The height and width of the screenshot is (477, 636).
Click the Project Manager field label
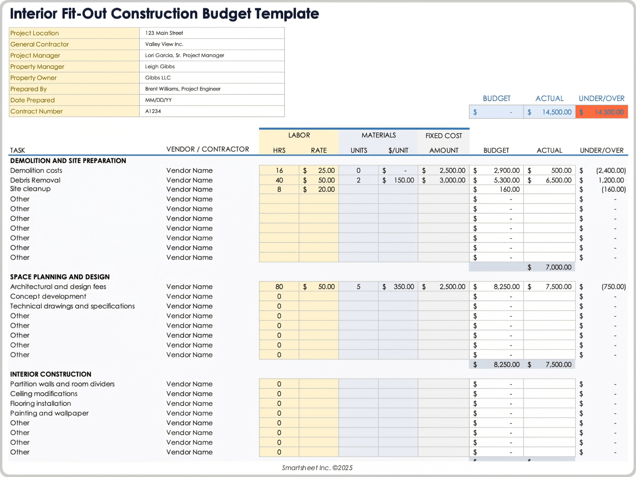(x=35, y=55)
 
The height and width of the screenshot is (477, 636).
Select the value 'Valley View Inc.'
(x=164, y=44)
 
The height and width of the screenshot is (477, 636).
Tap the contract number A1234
(x=153, y=111)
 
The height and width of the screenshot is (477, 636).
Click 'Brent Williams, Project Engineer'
(x=183, y=89)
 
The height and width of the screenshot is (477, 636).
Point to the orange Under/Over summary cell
(x=602, y=112)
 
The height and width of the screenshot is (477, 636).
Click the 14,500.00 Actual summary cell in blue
(x=550, y=112)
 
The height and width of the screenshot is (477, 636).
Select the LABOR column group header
(x=299, y=135)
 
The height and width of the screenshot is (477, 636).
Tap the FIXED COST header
(x=444, y=136)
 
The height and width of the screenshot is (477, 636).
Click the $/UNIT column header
(x=398, y=150)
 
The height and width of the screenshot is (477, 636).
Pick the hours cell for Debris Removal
(x=279, y=180)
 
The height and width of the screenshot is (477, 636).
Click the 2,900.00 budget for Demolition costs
(x=506, y=171)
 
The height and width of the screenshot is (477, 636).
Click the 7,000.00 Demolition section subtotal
(x=558, y=267)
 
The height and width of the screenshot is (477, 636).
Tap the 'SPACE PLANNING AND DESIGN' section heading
(x=60, y=277)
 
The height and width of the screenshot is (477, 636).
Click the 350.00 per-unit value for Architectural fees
(x=403, y=287)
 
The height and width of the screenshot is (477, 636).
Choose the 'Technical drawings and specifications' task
(x=73, y=306)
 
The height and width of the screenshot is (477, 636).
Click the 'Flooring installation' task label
(x=40, y=403)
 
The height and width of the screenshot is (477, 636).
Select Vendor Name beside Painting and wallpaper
(x=189, y=413)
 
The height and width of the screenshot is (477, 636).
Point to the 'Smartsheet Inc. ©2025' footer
(x=317, y=468)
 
